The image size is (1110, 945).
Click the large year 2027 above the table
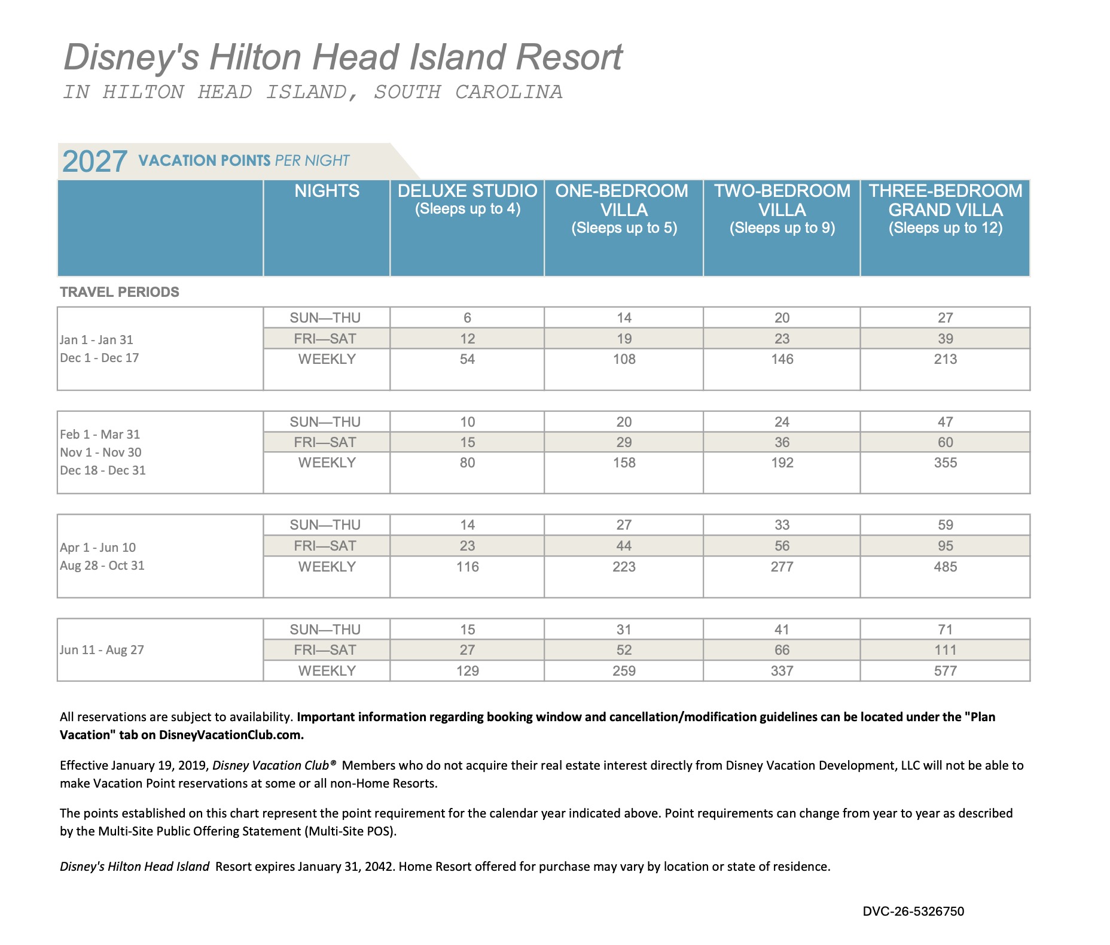pyautogui.click(x=94, y=162)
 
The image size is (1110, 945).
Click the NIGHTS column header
pyautogui.click(x=327, y=192)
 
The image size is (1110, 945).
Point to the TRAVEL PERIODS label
pyautogui.click(x=120, y=292)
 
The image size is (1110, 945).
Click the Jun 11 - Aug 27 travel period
pyautogui.click(x=102, y=650)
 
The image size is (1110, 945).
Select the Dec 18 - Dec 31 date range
pyautogui.click(x=103, y=470)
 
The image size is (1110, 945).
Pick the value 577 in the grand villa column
pyautogui.click(x=945, y=671)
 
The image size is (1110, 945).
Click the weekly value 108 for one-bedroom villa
pyautogui.click(x=624, y=359)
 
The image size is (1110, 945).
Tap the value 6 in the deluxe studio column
pyautogui.click(x=467, y=318)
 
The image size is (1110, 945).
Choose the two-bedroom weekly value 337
pyautogui.click(x=782, y=671)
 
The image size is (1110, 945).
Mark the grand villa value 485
pyautogui.click(x=945, y=567)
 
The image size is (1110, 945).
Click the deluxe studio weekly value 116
pyautogui.click(x=467, y=567)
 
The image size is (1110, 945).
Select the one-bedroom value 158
pyautogui.click(x=624, y=463)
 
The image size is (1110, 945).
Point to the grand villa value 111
pyautogui.click(x=945, y=650)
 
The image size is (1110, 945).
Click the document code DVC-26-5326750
pyautogui.click(x=913, y=911)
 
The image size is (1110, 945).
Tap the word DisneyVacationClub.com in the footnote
pyautogui.click(x=231, y=735)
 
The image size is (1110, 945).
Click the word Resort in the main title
pyautogui.click(x=569, y=57)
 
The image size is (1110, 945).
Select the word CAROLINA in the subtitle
pyautogui.click(x=508, y=92)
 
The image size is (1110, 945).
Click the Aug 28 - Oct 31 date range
pyautogui.click(x=102, y=566)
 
